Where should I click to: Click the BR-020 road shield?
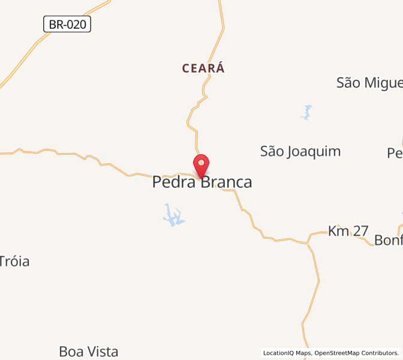point(67,25)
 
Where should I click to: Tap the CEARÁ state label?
point(204,68)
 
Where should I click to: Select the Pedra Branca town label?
point(202,182)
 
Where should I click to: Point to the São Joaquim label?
point(300,151)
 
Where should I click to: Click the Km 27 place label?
point(348,231)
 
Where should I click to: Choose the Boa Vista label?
point(89,352)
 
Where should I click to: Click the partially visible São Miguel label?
point(369,83)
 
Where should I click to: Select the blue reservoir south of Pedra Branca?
point(173,215)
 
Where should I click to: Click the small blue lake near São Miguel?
point(307,112)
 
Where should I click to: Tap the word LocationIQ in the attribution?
point(280,353)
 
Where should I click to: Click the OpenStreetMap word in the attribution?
point(336,353)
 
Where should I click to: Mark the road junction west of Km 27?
point(308,243)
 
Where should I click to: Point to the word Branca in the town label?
point(226,182)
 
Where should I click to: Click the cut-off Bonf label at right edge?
point(388,240)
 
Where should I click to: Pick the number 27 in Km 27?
point(360,231)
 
